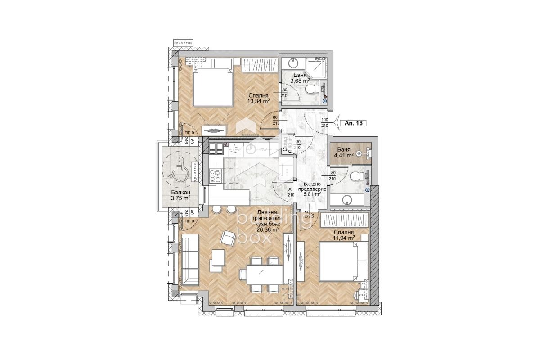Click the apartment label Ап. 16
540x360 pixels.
[x=354, y=123]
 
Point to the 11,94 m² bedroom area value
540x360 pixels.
[x=344, y=238]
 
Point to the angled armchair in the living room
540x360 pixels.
[x=228, y=237]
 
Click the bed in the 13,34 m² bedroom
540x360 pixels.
[x=212, y=85]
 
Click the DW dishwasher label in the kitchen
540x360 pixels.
[x=265, y=149]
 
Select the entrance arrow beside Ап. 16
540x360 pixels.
[x=336, y=122]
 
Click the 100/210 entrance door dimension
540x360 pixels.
[x=324, y=123]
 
